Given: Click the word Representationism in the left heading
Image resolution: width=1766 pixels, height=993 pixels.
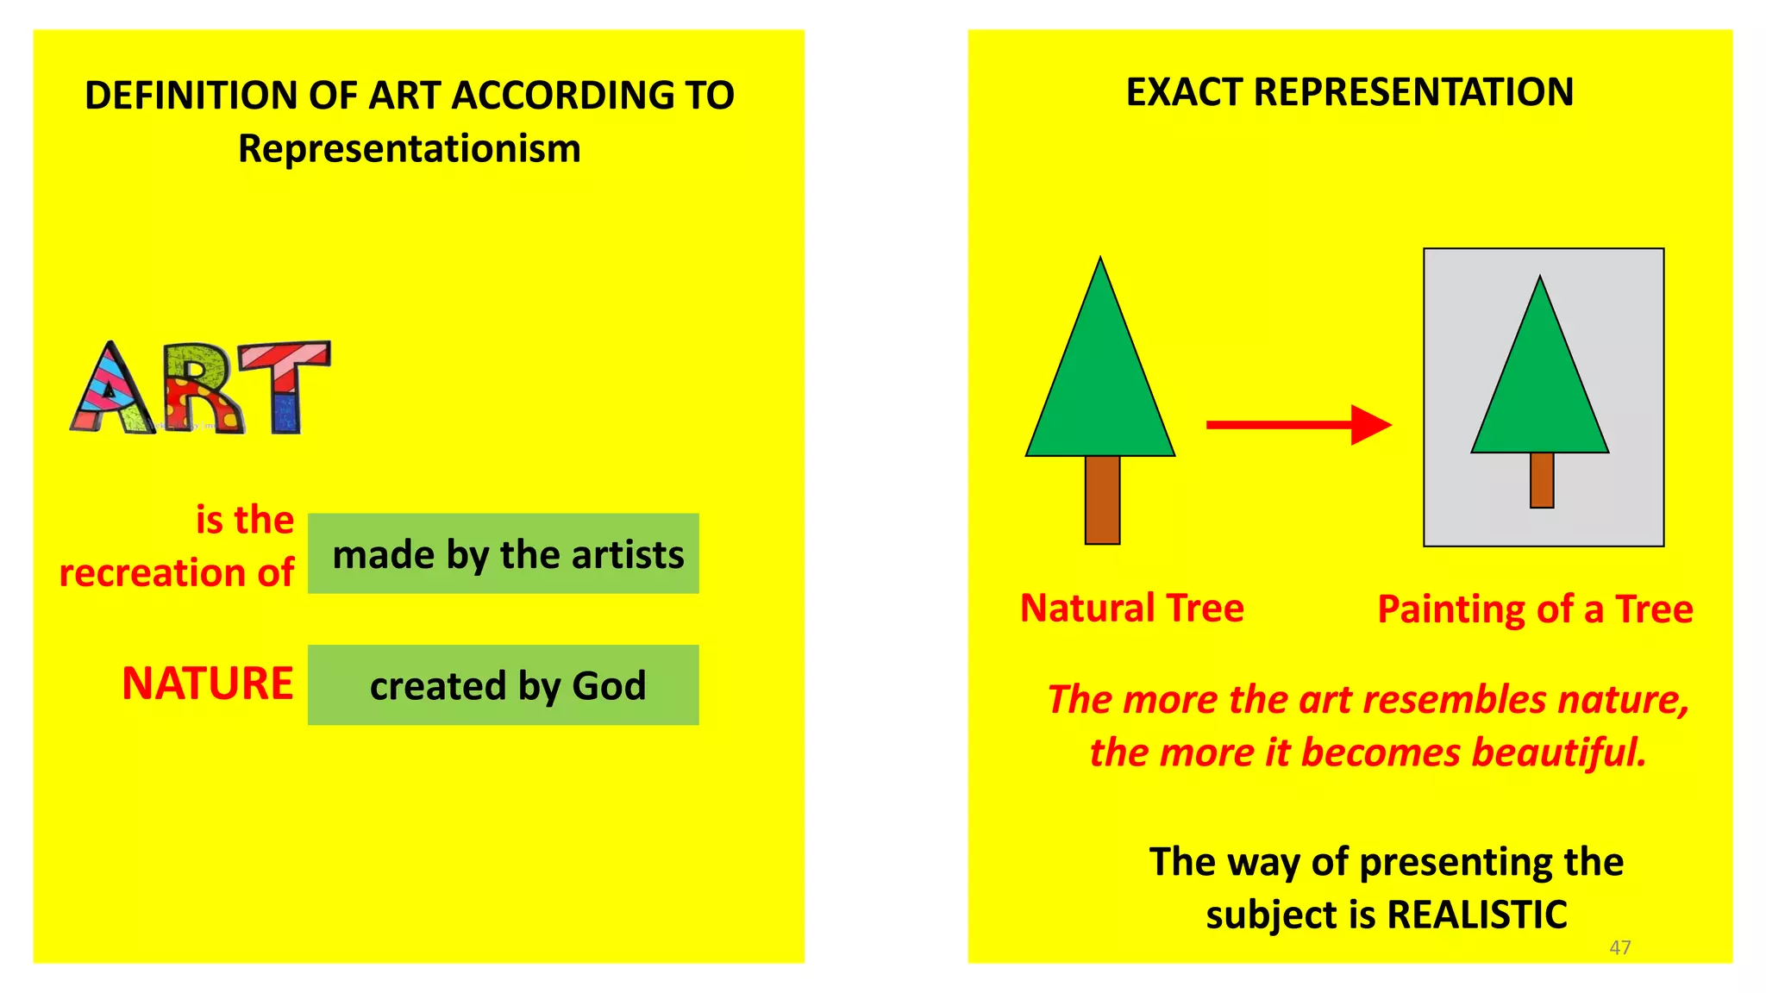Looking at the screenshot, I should [x=409, y=148].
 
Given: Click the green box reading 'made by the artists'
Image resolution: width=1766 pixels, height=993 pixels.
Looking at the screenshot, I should [x=503, y=553].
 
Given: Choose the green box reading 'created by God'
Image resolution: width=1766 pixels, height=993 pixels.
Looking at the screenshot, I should [x=503, y=684].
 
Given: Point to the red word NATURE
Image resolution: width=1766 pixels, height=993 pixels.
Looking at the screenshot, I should [x=207, y=684].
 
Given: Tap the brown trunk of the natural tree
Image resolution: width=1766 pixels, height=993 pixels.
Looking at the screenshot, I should [x=1102, y=499].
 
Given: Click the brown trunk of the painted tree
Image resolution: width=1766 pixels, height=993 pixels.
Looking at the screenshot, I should [x=1542, y=480].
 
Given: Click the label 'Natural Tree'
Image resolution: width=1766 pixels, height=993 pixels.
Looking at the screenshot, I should [x=1131, y=608].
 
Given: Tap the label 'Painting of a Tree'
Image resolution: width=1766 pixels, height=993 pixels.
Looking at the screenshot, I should [x=1535, y=609].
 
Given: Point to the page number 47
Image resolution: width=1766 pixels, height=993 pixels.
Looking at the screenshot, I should [x=1619, y=947].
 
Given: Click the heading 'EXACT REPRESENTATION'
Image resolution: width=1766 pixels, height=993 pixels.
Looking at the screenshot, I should [x=1350, y=92].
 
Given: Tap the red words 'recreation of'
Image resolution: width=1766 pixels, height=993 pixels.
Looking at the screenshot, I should [x=176, y=572].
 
